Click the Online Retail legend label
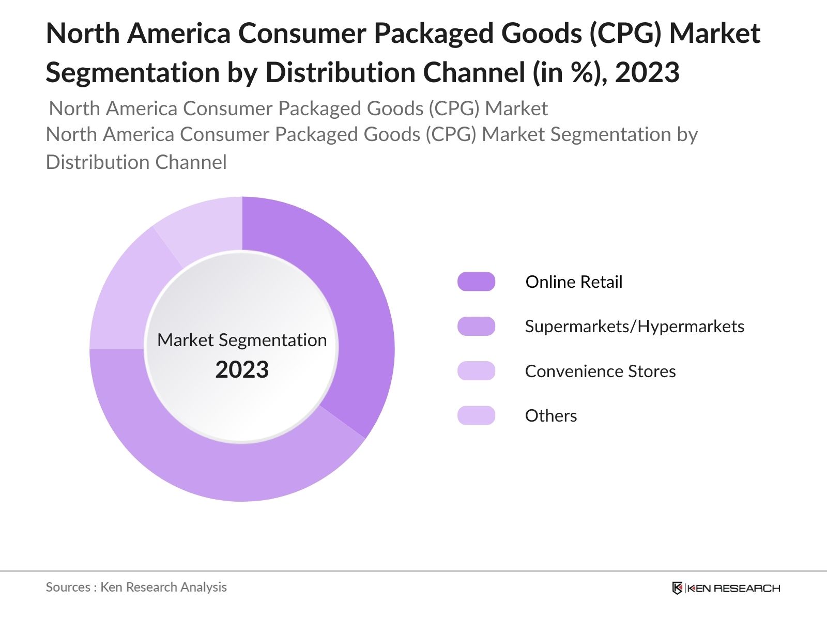pos(574,282)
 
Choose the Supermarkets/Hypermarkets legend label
pos(634,327)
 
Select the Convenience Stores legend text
pos(600,371)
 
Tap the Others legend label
pos(550,416)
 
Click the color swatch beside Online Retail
pos(476,282)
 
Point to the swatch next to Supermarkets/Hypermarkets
pos(476,327)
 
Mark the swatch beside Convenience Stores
pos(476,371)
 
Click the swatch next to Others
pos(476,415)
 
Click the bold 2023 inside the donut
pos(242,370)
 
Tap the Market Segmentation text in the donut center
pos(242,340)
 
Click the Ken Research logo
pos(726,588)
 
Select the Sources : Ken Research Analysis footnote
pos(136,587)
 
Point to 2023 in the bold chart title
pos(647,72)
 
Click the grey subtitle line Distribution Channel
pos(136,162)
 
